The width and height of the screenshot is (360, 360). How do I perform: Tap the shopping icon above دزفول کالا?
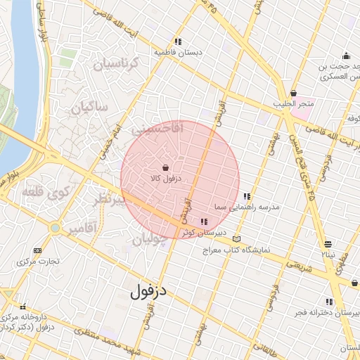coord(165,168)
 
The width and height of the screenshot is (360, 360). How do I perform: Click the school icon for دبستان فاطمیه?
coord(178,41)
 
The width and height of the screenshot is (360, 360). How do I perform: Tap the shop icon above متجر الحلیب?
coord(293,94)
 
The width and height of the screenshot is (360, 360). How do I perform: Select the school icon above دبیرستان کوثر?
coord(204,222)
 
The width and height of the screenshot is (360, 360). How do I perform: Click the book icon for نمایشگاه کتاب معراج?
coord(236,240)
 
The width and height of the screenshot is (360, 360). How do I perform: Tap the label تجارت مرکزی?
coord(39,261)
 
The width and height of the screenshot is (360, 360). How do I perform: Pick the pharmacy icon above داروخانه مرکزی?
coord(24,307)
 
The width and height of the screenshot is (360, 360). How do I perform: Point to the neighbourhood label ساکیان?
coord(89,108)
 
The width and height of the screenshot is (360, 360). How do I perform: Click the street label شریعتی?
coord(297,263)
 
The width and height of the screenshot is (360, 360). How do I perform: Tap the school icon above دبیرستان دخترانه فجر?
coord(328,302)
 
